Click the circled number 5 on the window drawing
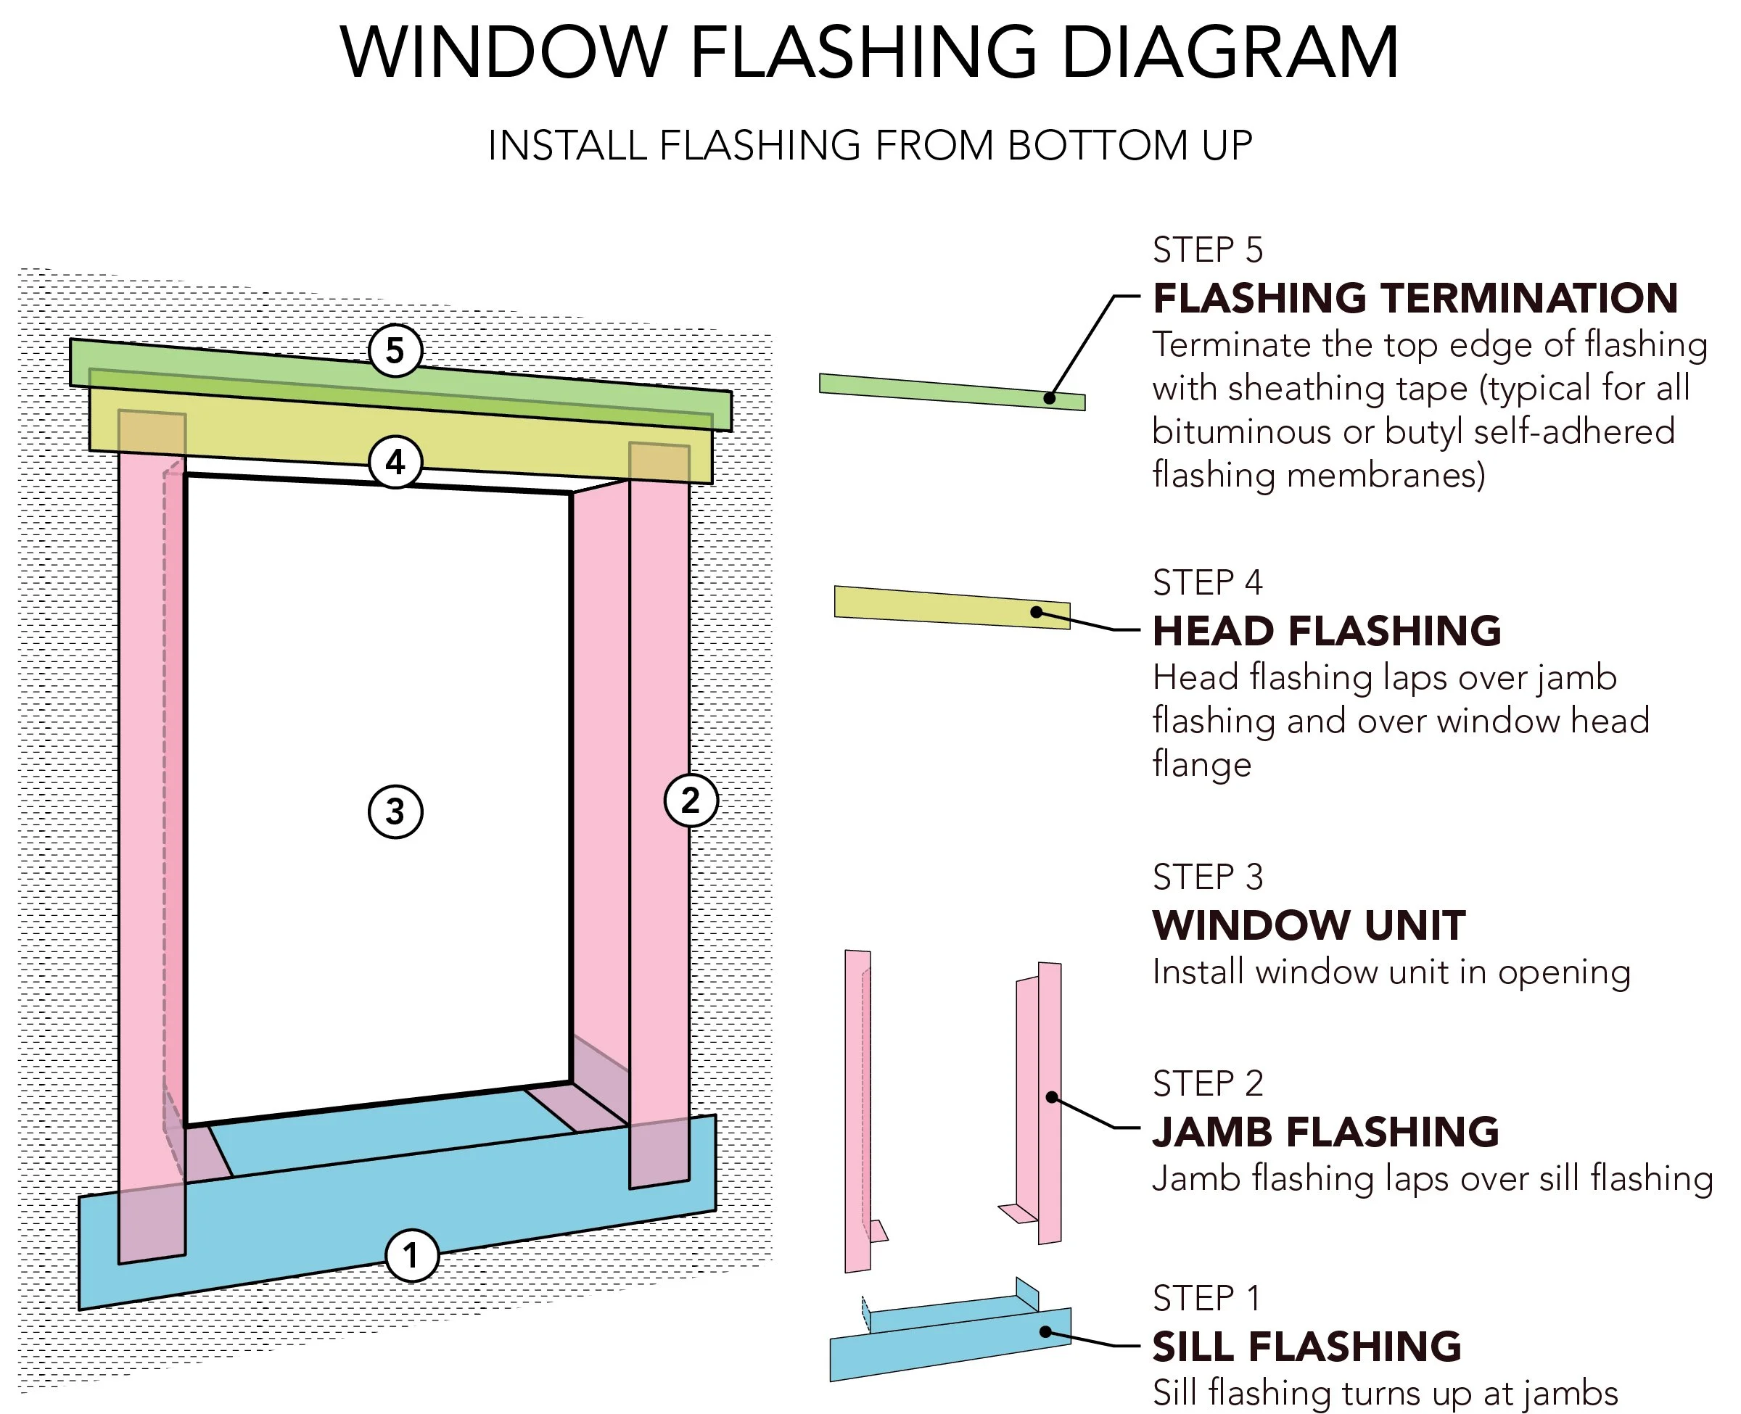(x=395, y=351)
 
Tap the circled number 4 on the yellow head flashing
(x=395, y=463)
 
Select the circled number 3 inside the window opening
(x=395, y=811)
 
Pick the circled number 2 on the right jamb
(x=691, y=801)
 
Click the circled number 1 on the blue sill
(x=411, y=1255)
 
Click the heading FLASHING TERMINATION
(x=1415, y=298)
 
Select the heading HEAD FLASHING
(x=1326, y=632)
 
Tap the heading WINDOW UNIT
(x=1309, y=925)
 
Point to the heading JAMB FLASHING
(x=1325, y=1132)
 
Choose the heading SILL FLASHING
(x=1306, y=1347)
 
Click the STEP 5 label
(x=1207, y=250)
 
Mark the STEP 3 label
(x=1207, y=877)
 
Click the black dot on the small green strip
(x=1050, y=398)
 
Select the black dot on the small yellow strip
(x=1037, y=612)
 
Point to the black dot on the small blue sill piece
(x=1045, y=1332)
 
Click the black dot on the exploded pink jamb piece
(x=1052, y=1097)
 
